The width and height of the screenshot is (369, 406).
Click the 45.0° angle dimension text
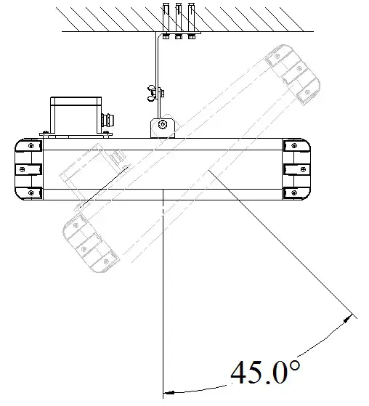(265, 373)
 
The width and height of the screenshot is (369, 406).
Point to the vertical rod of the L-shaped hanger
(157, 69)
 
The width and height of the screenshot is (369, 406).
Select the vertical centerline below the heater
(164, 291)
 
